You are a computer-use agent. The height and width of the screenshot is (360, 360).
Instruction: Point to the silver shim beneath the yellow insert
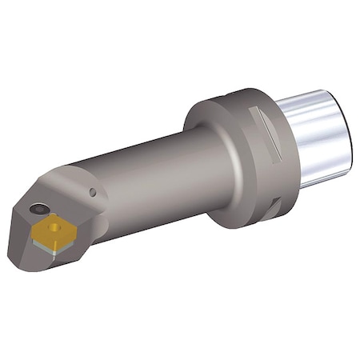[x=60, y=250]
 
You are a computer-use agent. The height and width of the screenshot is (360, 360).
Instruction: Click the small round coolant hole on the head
[x=94, y=192]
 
